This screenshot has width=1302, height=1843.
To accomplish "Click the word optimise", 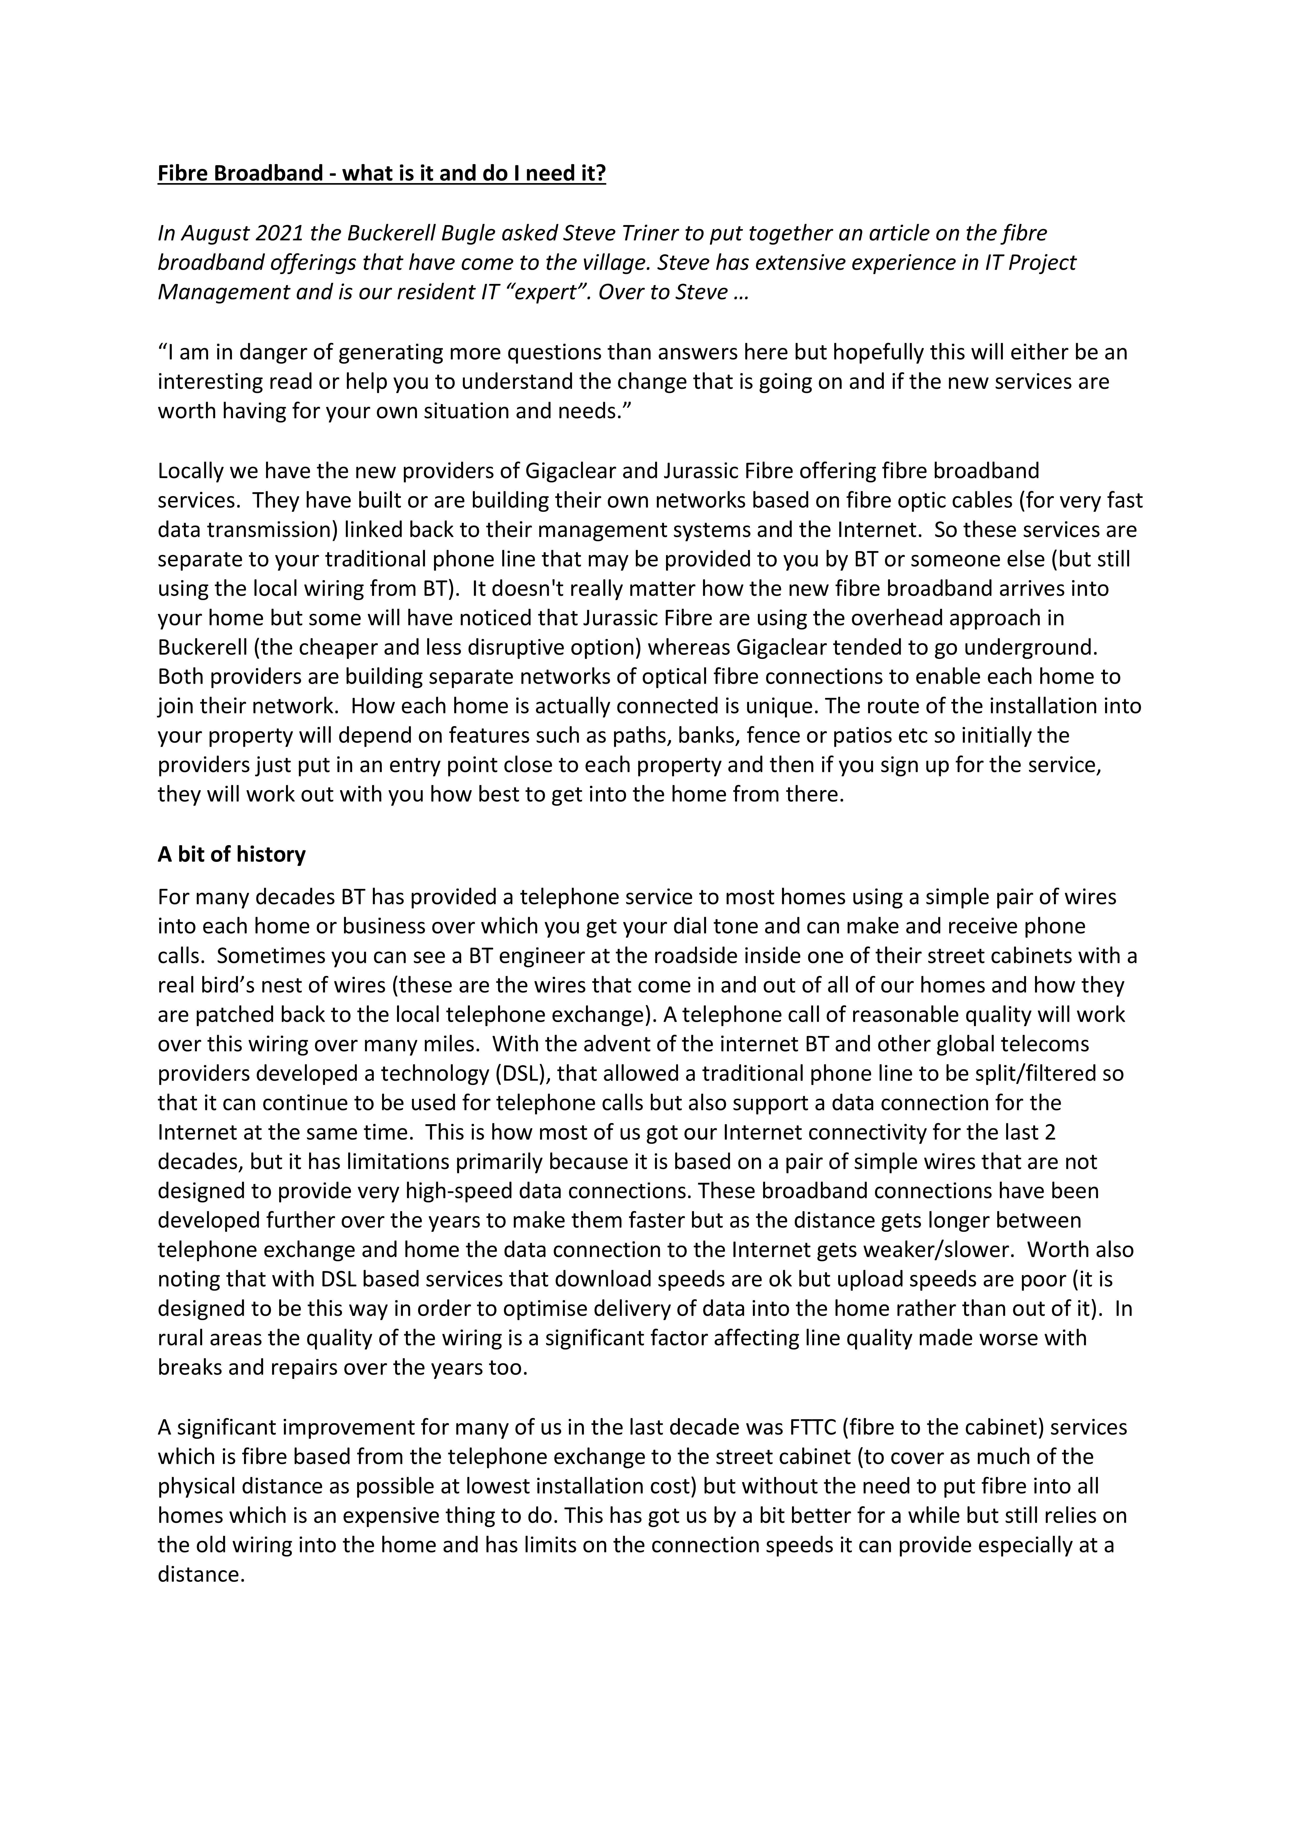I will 542,1308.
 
